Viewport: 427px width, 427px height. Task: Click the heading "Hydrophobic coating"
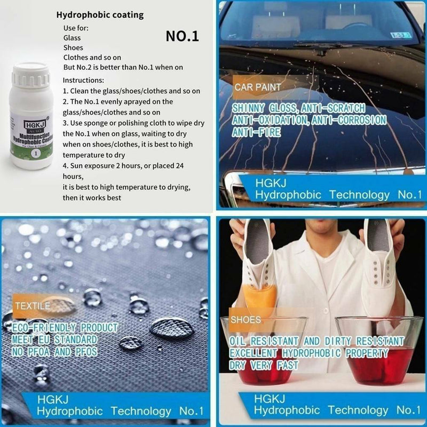tap(100, 15)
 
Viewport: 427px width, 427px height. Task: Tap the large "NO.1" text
tap(182, 36)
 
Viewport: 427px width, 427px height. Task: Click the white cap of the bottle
tap(30, 75)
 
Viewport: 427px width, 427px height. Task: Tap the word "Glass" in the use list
tap(72, 37)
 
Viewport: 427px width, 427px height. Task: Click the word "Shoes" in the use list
tap(73, 48)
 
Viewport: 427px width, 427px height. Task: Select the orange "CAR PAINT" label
tap(258, 86)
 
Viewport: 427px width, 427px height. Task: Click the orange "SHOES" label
tap(246, 320)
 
